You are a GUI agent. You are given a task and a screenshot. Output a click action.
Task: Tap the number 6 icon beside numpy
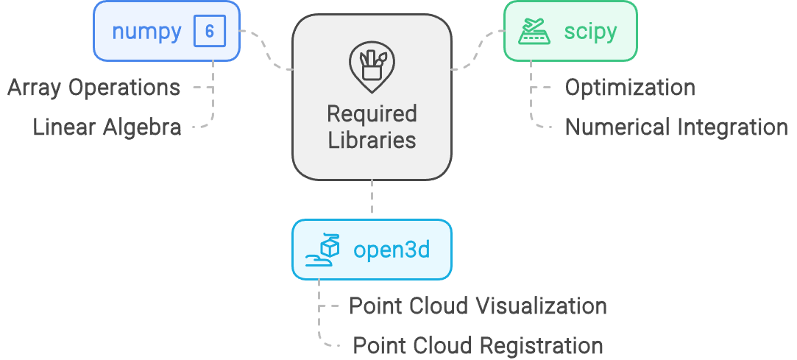pos(209,32)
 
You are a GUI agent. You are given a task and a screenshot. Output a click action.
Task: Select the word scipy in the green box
pos(590,32)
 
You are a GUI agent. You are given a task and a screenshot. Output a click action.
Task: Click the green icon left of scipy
pos(536,32)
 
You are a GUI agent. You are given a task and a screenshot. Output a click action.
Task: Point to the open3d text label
pos(392,250)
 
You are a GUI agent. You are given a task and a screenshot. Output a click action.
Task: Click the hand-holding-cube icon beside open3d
pos(325,250)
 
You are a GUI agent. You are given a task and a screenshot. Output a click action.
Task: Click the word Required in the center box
pos(372,114)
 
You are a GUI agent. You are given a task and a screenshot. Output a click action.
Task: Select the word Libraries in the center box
pos(372,140)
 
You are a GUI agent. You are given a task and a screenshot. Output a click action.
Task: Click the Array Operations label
pos(93,88)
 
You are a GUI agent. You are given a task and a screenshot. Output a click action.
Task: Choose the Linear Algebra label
pos(107,127)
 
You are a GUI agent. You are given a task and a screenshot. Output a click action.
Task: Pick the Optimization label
pos(630,88)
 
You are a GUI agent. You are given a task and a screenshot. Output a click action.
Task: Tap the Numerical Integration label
pos(676,127)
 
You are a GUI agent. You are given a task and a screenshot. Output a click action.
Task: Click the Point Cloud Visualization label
pos(478,306)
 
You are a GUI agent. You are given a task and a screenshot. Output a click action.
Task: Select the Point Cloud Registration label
pos(478,345)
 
